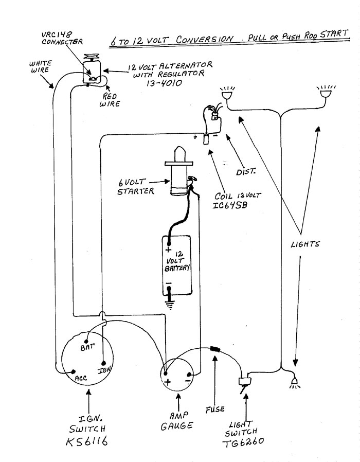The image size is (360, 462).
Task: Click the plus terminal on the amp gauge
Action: (166, 375)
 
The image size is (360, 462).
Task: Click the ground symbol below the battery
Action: (168, 304)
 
